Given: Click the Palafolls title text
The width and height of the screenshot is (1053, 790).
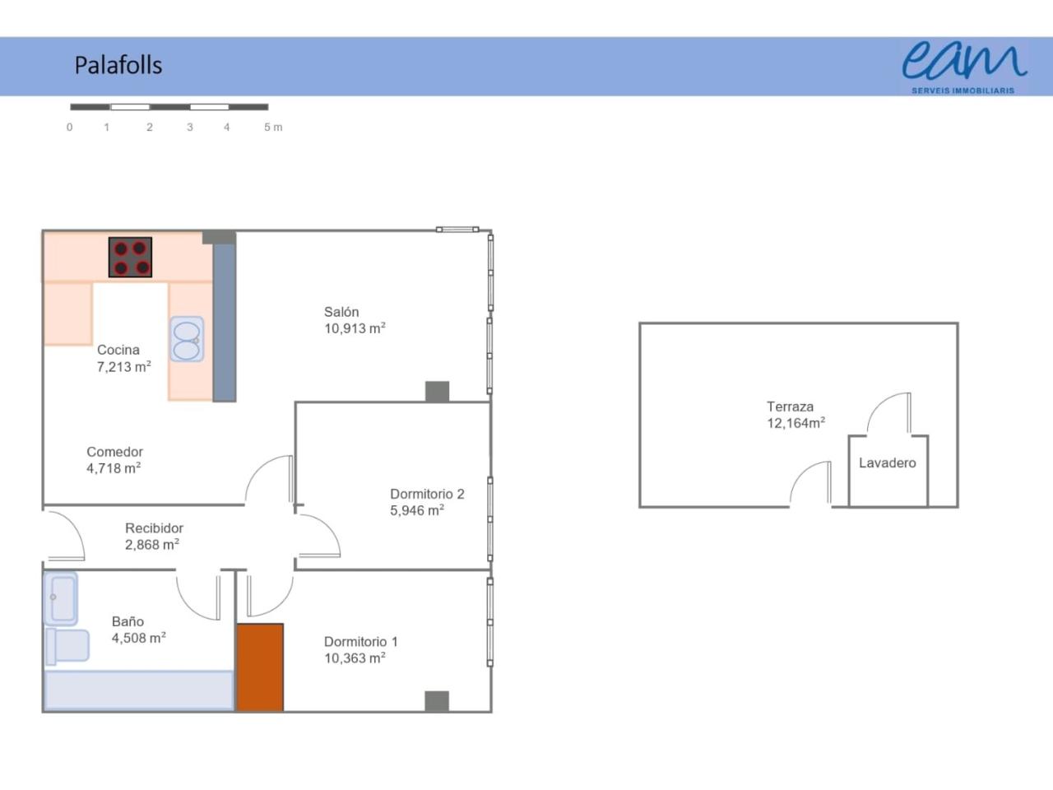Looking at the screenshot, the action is tap(118, 65).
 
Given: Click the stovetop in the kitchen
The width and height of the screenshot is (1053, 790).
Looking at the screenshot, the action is tap(130, 257).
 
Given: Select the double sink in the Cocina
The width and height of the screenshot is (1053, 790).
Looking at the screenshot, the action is tap(187, 339).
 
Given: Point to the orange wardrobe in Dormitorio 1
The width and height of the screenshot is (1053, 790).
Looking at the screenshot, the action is tap(261, 667).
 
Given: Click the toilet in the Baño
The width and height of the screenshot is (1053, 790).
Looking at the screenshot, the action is tap(67, 646).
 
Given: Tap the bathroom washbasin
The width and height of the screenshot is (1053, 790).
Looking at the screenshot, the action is tap(61, 598).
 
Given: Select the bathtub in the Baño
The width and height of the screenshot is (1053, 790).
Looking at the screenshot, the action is tap(139, 690).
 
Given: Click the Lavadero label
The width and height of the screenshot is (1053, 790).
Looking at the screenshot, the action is tap(887, 462).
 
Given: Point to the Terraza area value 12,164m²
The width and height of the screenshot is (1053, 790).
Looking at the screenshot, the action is tap(796, 423).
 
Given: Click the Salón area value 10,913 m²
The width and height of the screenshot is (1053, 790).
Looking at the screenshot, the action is tap(355, 328).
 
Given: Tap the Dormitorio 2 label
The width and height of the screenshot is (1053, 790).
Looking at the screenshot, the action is tap(427, 494).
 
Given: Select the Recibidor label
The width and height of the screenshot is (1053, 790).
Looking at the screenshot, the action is tap(154, 528).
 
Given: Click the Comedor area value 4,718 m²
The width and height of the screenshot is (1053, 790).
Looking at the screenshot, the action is tap(114, 468).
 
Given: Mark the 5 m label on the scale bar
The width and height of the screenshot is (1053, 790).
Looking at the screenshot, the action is tap(273, 127).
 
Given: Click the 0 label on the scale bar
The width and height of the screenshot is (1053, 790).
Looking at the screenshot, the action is tap(70, 127).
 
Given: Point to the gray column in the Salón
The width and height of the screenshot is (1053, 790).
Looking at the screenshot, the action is tap(437, 392).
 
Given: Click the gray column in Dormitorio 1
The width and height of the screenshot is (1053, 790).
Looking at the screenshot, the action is tap(437, 701).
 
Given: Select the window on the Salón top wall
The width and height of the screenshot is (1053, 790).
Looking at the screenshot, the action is tap(457, 230).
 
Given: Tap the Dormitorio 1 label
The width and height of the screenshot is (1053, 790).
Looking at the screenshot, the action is tap(361, 642).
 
